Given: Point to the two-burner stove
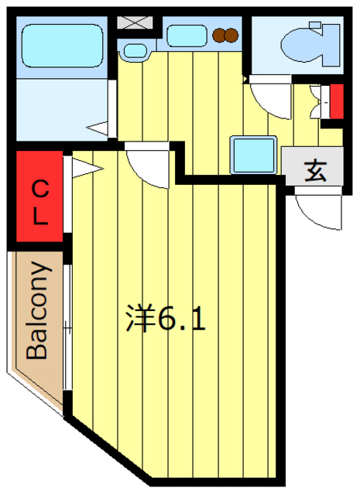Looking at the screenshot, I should tap(225, 35).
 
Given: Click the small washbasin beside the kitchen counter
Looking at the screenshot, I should tap(135, 51).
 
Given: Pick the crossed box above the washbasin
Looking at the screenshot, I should tap(135, 21).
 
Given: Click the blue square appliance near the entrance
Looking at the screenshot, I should tap(254, 154).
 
